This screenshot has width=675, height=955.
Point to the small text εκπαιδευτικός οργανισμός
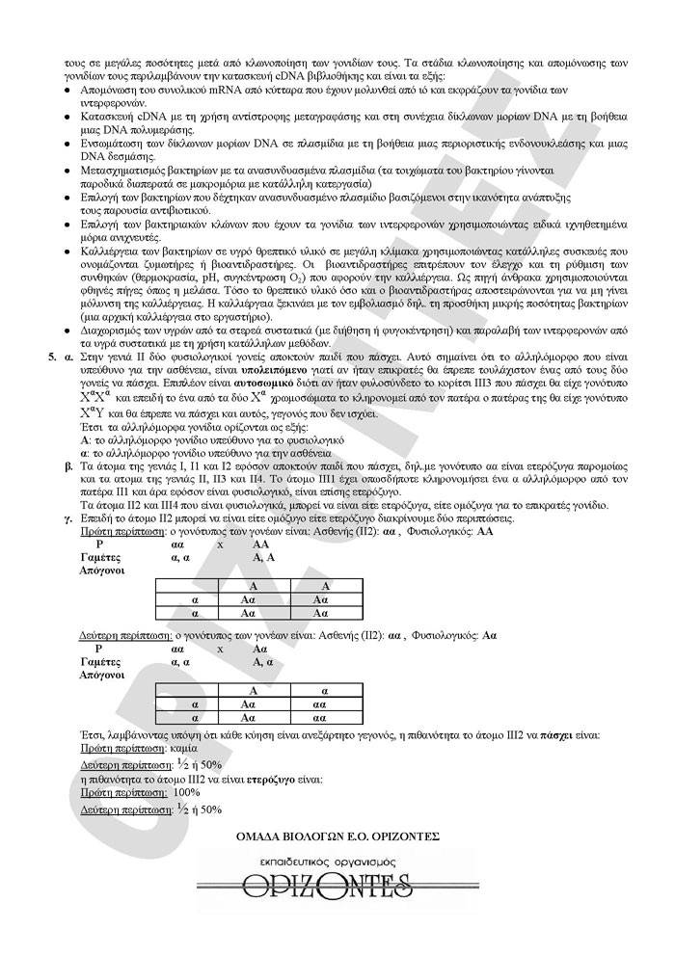point(337,859)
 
